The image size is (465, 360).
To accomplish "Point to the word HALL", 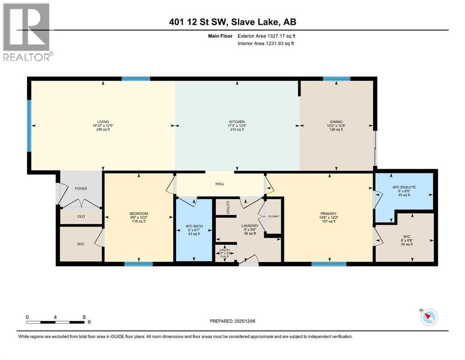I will (220, 184).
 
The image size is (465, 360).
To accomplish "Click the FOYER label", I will (81, 188).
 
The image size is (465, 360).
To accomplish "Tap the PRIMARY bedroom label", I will (328, 213).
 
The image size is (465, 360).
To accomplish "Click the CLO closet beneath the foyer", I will (81, 217).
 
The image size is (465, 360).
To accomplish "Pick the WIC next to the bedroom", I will (81, 244).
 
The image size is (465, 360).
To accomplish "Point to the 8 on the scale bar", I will (83, 316).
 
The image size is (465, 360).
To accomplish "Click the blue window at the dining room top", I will (336, 79).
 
